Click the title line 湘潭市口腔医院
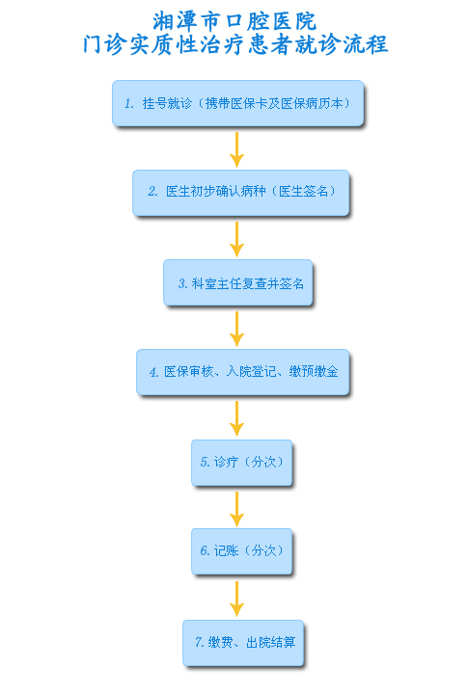pyautogui.click(x=234, y=21)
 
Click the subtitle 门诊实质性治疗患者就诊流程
pyautogui.click(x=235, y=44)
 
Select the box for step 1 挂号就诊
pyautogui.click(x=238, y=103)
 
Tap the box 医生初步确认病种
pyautogui.click(x=241, y=193)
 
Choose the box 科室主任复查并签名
pyautogui.click(x=238, y=282)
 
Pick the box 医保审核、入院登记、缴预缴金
pyautogui.click(x=243, y=372)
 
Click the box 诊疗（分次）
pyautogui.click(x=241, y=463)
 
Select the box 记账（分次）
pyautogui.click(x=241, y=551)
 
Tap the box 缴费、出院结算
pyautogui.click(x=243, y=643)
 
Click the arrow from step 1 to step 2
pyautogui.click(x=237, y=149)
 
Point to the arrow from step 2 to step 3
pyautogui.click(x=237, y=239)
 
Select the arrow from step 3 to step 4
pyautogui.click(x=237, y=329)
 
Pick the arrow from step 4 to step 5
pyautogui.click(x=237, y=418)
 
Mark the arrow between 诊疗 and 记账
pyautogui.click(x=237, y=509)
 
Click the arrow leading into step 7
pyautogui.click(x=237, y=599)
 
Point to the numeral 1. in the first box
pyautogui.click(x=128, y=104)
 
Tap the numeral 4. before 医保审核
pyautogui.click(x=154, y=372)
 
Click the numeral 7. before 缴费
pyautogui.click(x=200, y=642)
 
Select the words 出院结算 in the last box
pyautogui.click(x=271, y=642)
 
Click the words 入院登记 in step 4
pyautogui.click(x=251, y=371)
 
